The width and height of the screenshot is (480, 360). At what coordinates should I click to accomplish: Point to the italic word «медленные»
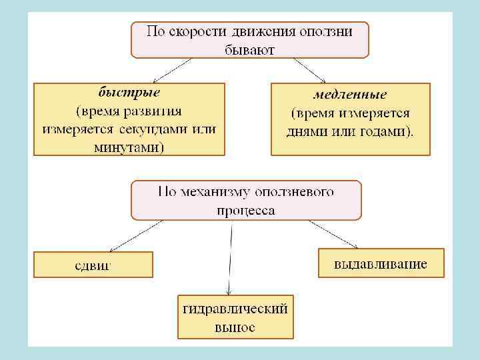coord(350,96)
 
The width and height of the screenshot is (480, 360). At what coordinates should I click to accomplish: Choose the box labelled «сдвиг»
coord(93,264)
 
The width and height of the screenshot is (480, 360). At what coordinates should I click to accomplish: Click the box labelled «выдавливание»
coord(381,263)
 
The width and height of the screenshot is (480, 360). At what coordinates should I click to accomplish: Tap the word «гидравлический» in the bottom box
coord(235,309)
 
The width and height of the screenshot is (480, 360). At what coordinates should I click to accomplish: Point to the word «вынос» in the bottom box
coord(235,327)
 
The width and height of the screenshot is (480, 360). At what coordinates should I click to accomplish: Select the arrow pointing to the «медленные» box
coord(309,70)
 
